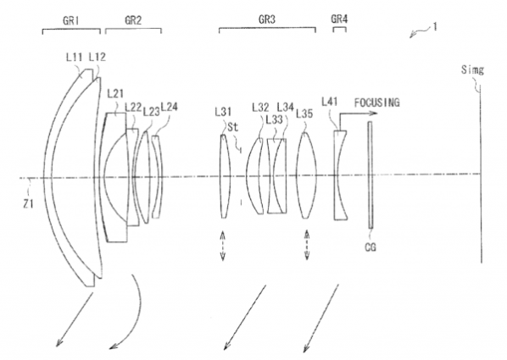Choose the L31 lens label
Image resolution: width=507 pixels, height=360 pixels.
coord(224,110)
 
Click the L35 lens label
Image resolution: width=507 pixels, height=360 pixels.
coord(304,111)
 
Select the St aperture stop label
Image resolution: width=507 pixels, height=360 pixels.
coord(231,125)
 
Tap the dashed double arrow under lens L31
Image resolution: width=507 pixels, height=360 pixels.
coord(223,245)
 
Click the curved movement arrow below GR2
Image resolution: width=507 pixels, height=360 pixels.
coord(127,318)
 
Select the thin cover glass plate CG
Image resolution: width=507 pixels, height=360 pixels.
coord(370,174)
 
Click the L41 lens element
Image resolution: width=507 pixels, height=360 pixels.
coord(338,174)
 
